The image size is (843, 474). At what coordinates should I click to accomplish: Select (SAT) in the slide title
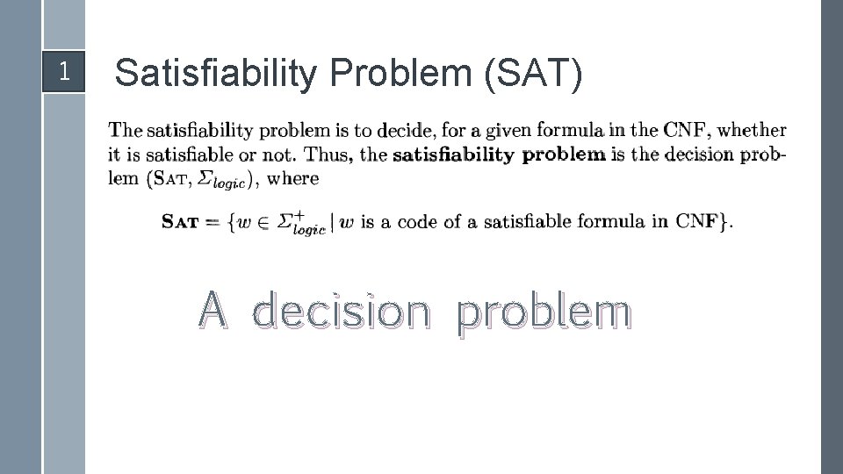(x=532, y=74)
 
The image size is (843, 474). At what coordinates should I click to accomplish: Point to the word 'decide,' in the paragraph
(x=405, y=131)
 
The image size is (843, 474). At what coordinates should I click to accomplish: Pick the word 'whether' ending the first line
(x=752, y=130)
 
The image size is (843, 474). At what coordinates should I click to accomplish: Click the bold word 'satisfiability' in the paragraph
(x=453, y=154)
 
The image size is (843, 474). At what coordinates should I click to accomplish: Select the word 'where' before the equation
(x=292, y=178)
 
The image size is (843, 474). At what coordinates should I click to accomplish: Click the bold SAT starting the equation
(x=180, y=222)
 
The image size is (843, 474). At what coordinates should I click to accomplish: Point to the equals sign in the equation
(x=212, y=222)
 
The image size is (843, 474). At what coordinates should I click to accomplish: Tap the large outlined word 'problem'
(x=544, y=313)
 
